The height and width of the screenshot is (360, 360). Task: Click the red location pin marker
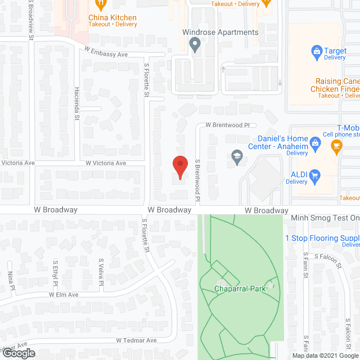[x=179, y=167]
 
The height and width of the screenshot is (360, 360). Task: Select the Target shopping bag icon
[x=317, y=52]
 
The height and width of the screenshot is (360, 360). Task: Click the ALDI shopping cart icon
[x=315, y=175]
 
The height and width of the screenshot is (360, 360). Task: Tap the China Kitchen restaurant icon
[x=101, y=4]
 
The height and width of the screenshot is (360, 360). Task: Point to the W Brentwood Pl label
[x=227, y=125]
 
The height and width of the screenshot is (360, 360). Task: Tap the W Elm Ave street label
[x=63, y=294]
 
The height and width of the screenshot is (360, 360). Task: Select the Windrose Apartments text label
[x=220, y=32]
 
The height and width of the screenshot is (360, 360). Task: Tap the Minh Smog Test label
[x=325, y=218]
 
